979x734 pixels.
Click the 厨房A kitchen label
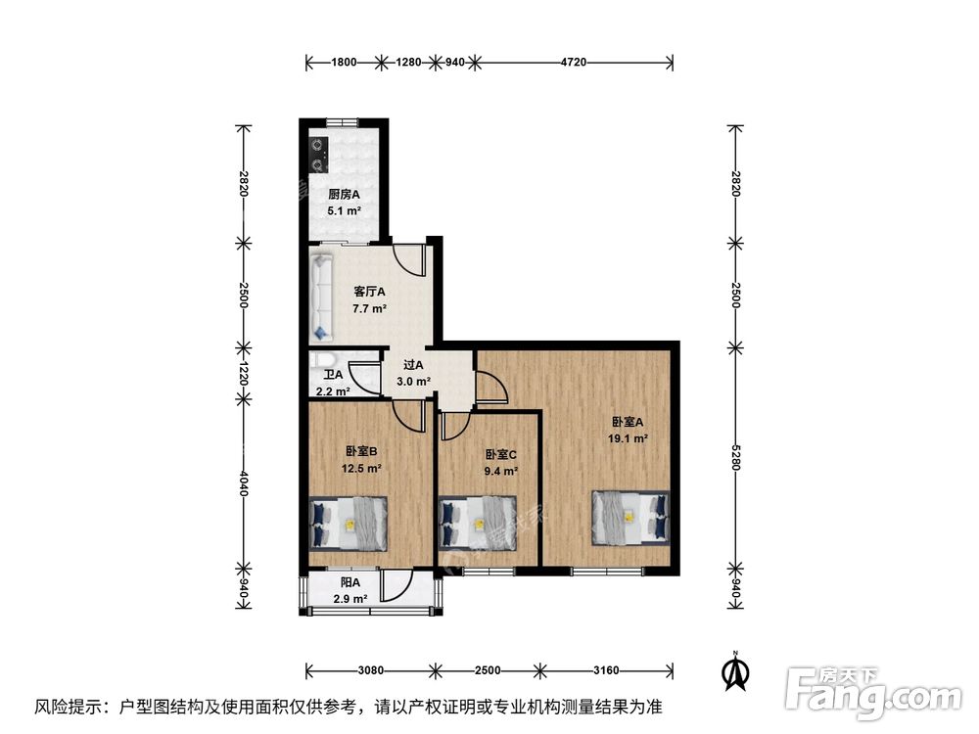point(344,195)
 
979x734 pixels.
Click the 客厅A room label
point(369,292)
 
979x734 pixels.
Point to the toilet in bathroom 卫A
point(328,360)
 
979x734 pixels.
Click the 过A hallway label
point(412,365)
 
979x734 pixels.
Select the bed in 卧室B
point(349,523)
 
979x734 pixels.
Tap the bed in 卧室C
point(477,523)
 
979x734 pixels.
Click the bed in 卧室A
point(631,516)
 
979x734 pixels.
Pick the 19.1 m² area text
point(627,438)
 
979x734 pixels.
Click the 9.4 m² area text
point(501,471)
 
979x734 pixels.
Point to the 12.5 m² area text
point(360,468)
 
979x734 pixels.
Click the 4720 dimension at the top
point(573,63)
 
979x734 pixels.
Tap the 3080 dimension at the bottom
point(370,670)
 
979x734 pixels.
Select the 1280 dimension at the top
point(408,63)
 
